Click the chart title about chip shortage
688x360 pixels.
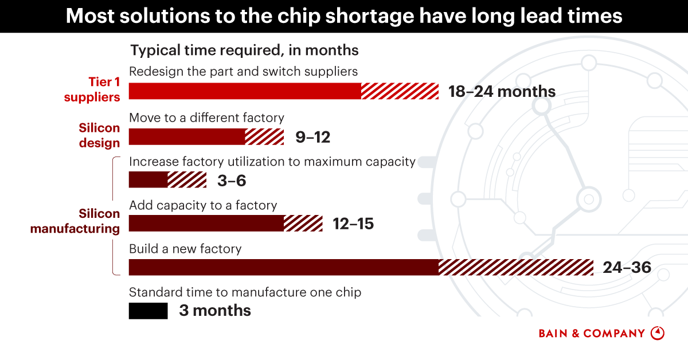pos(344,16)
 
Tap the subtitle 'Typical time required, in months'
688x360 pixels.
pos(244,50)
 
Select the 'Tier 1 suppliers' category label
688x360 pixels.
pos(92,89)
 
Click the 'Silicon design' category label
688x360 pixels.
pos(99,135)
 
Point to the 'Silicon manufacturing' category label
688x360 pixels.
pos(75,221)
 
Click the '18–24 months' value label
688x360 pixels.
pos(502,92)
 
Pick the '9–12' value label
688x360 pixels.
pos(312,138)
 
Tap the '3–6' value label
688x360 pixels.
pos(232,181)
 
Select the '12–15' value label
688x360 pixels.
pos(353,224)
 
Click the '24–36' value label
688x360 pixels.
pos(627,267)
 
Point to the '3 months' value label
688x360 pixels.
pos(215,311)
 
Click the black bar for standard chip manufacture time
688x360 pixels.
pos(148,311)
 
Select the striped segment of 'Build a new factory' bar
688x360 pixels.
pos(516,267)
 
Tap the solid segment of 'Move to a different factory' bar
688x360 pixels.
pos(187,137)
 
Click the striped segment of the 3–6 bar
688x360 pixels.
pos(187,180)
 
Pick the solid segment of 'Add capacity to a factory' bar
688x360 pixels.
pos(206,224)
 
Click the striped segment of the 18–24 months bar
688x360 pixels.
pos(400,91)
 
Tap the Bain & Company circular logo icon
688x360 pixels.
pos(658,333)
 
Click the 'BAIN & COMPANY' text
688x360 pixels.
pos(592,333)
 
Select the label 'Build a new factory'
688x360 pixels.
pos(185,249)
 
